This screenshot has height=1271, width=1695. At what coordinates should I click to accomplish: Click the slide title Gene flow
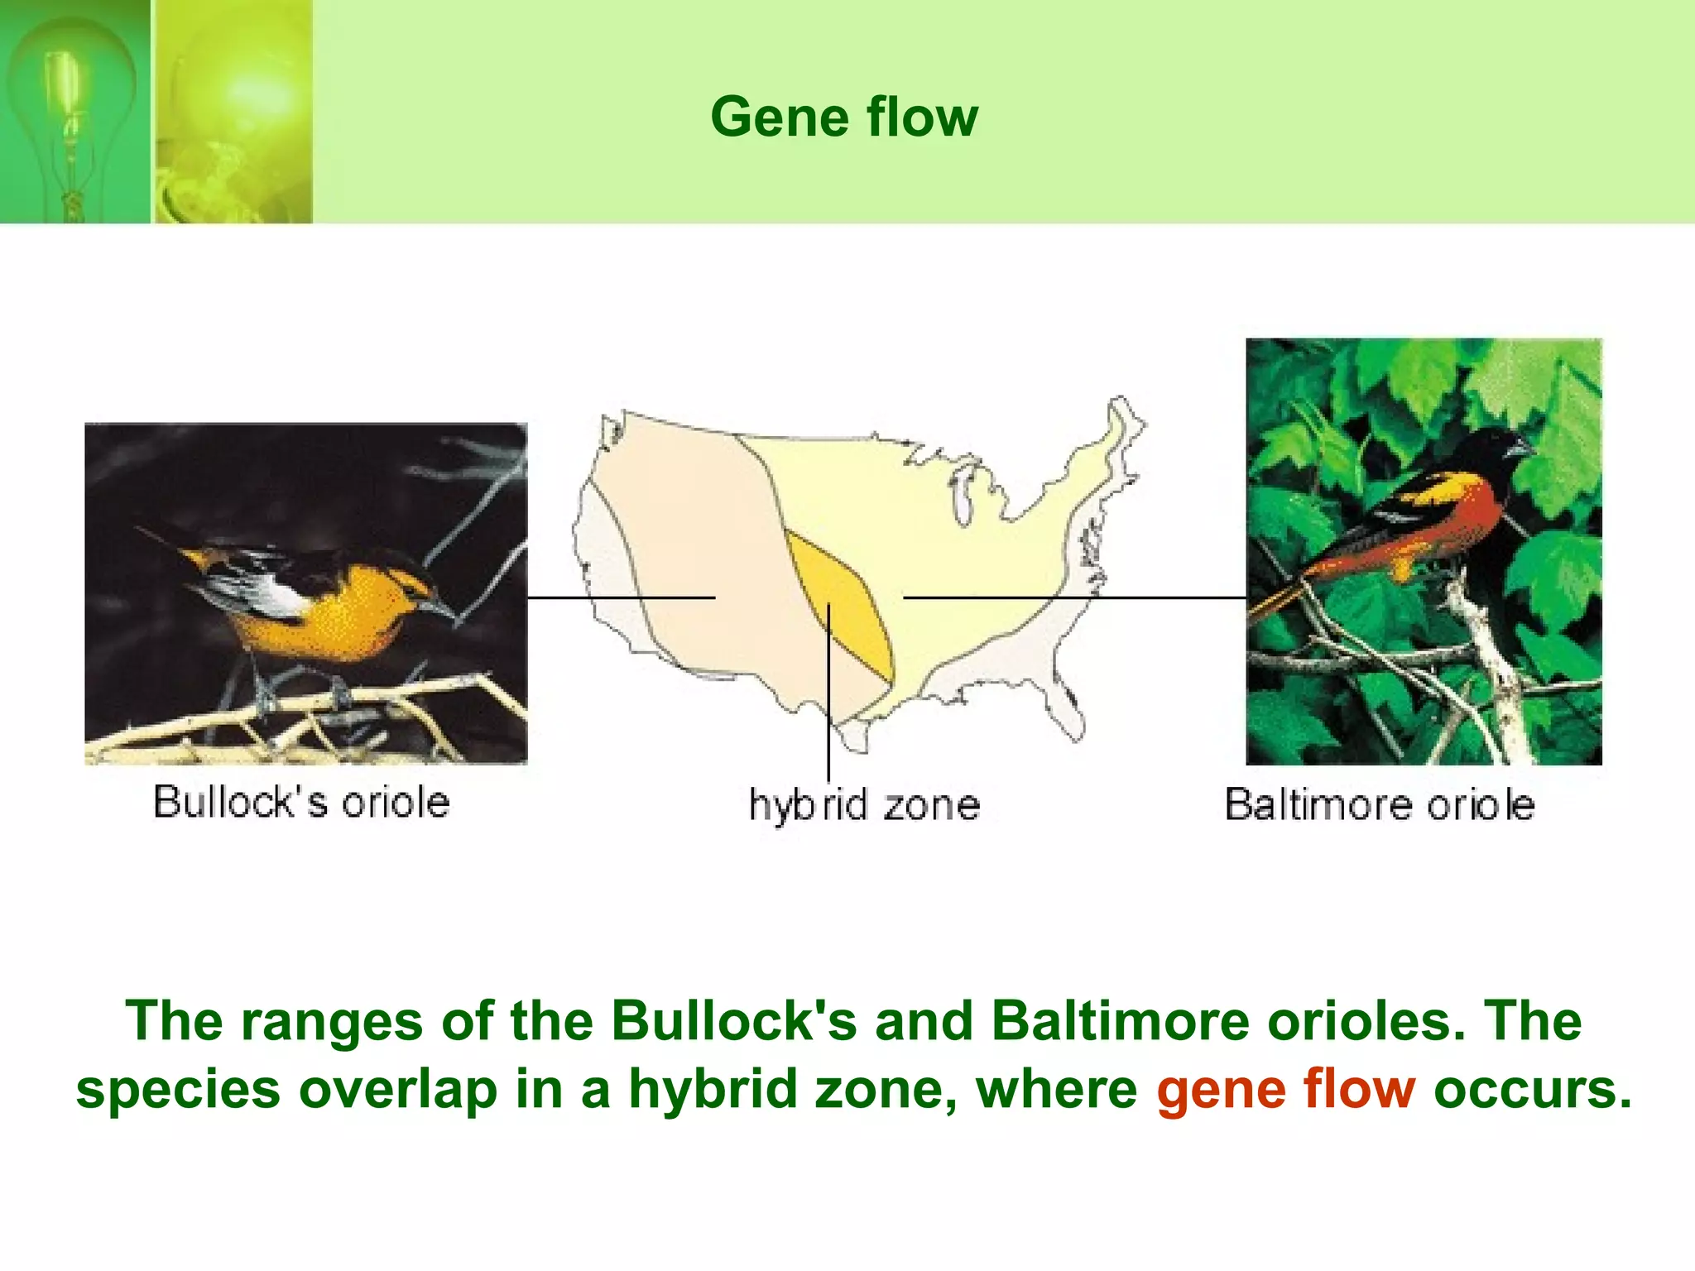[x=843, y=117]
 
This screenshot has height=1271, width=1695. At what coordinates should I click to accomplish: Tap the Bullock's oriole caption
[x=301, y=802]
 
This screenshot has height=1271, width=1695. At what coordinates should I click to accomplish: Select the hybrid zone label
[x=864, y=805]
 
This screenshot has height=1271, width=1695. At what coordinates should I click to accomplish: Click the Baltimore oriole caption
[x=1379, y=804]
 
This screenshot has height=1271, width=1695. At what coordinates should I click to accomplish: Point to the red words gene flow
[x=1285, y=1089]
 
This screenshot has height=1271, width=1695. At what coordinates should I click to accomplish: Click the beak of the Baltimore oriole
[x=1520, y=451]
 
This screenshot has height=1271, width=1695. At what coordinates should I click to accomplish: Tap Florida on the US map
[x=1068, y=712]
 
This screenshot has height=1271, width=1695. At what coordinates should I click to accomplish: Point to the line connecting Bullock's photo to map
[x=621, y=597]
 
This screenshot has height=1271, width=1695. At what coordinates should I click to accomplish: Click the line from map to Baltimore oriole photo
[x=1076, y=597]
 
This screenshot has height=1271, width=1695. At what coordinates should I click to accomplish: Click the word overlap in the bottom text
[x=397, y=1090]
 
